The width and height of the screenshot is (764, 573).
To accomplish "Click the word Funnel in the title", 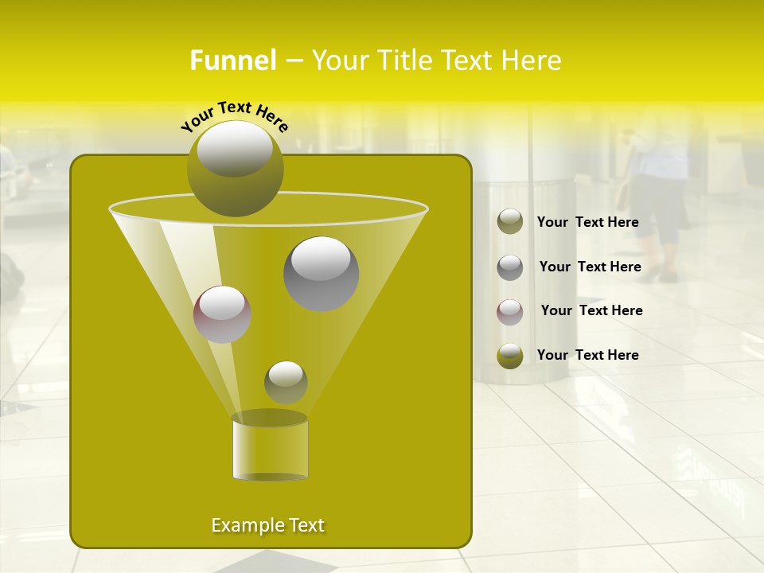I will (232, 60).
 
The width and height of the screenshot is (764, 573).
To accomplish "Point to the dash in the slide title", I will (293, 61).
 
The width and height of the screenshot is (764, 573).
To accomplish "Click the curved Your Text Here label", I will (235, 115).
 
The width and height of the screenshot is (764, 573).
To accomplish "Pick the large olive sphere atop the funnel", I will (235, 169).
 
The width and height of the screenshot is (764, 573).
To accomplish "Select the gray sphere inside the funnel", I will (321, 274).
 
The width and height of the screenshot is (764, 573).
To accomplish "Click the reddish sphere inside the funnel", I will (222, 314).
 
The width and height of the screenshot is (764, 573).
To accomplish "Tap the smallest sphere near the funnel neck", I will (286, 382).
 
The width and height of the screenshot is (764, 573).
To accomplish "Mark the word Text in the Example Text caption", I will (306, 525).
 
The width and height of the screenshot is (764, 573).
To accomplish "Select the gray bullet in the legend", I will (510, 267).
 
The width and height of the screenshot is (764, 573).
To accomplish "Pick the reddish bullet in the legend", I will (510, 312).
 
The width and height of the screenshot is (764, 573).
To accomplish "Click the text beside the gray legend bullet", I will (590, 267).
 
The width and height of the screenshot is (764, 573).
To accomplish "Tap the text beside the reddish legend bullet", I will (591, 311).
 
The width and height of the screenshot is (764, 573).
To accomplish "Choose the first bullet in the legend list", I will (510, 222).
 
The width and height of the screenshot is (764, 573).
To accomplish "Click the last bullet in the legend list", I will (510, 356).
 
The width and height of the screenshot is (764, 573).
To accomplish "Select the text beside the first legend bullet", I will (587, 223).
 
